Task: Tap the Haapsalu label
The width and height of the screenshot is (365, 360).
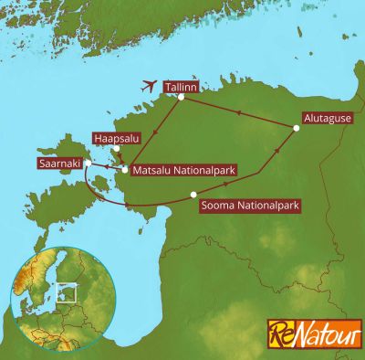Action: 115,139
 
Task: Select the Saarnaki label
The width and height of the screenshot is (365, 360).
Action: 58,164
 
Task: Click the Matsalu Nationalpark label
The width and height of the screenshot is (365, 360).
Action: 175,170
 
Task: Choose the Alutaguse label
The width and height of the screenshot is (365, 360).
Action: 323,119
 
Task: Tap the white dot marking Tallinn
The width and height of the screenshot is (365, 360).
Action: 181,98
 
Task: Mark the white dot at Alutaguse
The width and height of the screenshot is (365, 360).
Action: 296,129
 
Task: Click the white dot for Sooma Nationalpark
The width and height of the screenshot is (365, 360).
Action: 193,194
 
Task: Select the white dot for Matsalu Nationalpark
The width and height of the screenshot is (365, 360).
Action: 126,170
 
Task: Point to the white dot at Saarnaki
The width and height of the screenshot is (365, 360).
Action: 86,164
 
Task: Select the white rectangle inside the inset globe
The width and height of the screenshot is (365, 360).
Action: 62,293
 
